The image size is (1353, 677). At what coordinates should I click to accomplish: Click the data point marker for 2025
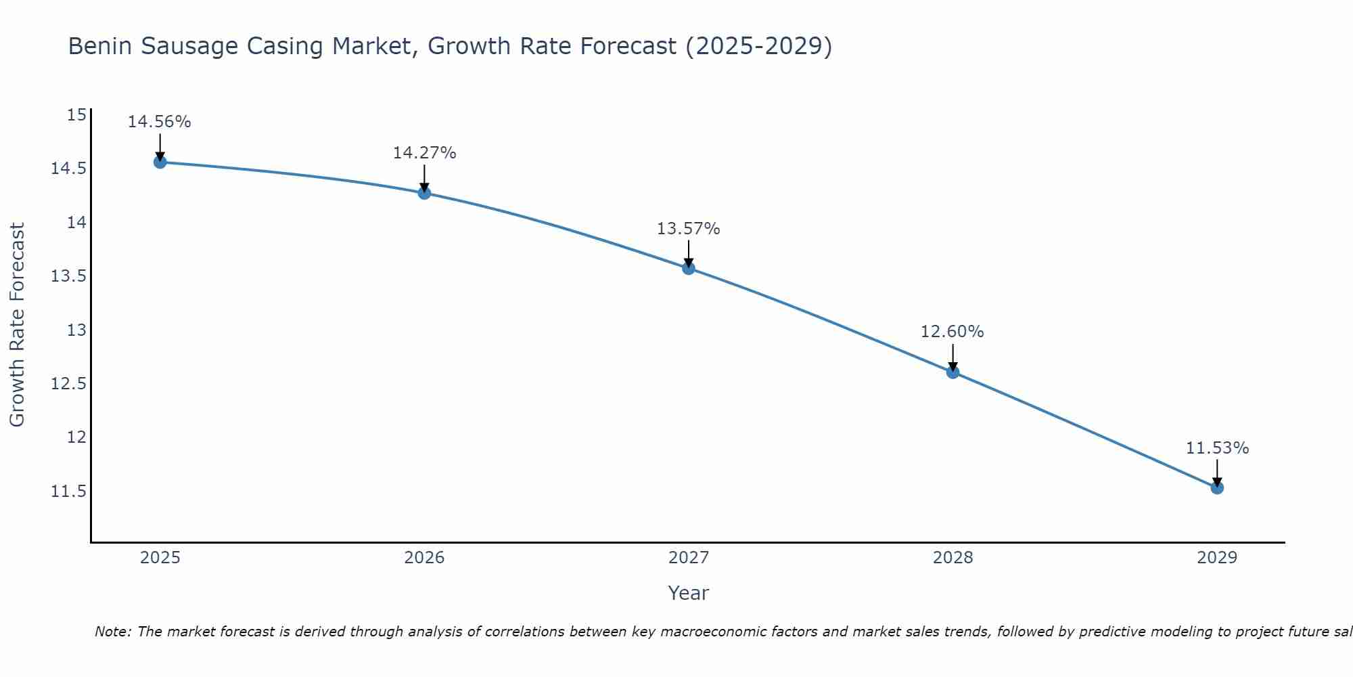coord(160,162)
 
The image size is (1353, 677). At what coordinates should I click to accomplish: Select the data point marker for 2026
coord(424,193)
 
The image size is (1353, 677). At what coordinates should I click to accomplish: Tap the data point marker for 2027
coord(689,268)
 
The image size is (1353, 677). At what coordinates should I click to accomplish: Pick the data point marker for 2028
coord(953,372)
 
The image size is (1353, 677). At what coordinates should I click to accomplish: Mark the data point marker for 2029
coord(1217,487)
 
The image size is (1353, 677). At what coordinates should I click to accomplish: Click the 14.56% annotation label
coord(160,122)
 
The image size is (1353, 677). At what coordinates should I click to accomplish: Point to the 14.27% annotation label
coord(424,153)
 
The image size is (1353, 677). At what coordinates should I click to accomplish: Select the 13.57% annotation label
coord(689,229)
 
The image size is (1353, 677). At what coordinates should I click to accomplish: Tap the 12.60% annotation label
coord(953,332)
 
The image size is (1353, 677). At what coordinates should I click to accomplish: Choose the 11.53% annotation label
coord(1217,448)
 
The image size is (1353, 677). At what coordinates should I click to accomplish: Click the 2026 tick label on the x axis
coord(424,558)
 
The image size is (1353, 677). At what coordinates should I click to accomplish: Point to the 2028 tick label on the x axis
coord(953,558)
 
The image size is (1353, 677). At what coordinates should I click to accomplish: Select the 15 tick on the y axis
coord(77,115)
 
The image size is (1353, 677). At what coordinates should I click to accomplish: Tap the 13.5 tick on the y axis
coord(69,276)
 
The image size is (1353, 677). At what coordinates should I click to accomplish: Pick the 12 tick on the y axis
coord(77,437)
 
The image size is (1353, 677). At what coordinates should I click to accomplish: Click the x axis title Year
coord(689,593)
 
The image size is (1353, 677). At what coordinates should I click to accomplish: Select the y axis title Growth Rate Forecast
coord(17,325)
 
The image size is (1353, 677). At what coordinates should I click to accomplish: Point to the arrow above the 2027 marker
coord(689,253)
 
